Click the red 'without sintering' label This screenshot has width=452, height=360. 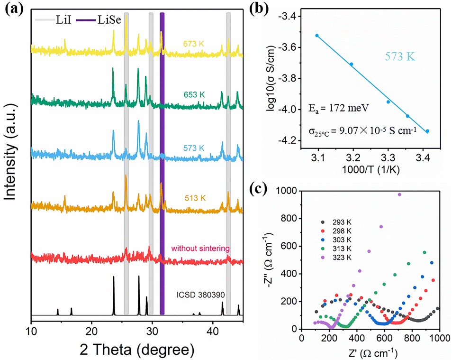200,248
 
